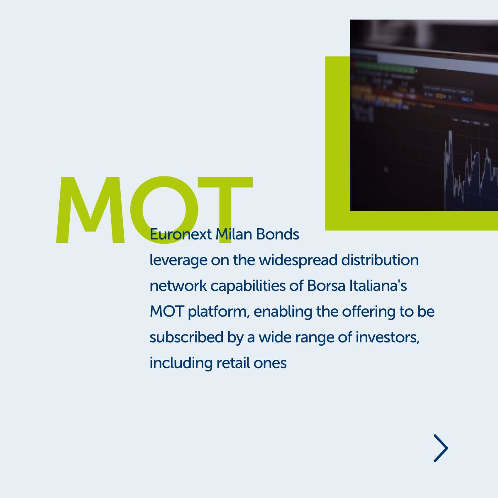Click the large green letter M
click(x=90, y=210)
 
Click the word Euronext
click(x=181, y=234)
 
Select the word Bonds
click(x=278, y=234)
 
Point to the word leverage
click(x=178, y=261)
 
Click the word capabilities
click(x=248, y=286)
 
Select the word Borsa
click(x=327, y=286)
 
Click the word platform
click(x=219, y=312)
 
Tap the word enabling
click(x=283, y=312)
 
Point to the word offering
click(x=369, y=312)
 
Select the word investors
click(x=388, y=338)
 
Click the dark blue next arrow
click(x=441, y=448)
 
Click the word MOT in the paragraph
click(x=167, y=312)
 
